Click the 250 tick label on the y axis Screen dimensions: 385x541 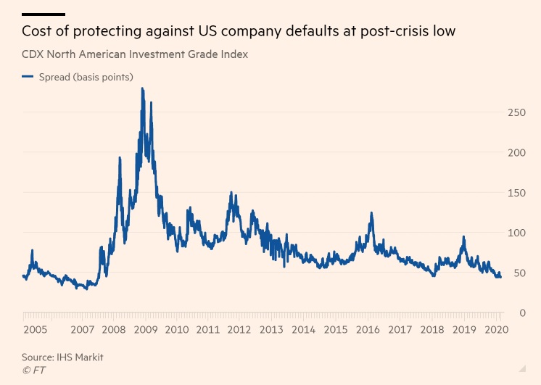point(516,112)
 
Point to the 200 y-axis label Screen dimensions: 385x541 point(516,152)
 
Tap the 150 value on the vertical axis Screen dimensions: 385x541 point(516,193)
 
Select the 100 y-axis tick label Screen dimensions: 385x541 point(516,233)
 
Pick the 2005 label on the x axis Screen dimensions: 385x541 point(35,329)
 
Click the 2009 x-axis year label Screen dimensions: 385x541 point(146,329)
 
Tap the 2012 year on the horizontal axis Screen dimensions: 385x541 point(239,329)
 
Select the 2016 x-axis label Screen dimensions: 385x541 point(368,329)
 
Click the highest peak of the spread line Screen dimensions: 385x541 point(142,89)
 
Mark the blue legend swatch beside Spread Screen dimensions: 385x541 point(28,77)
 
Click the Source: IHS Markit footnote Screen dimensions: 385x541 point(62,357)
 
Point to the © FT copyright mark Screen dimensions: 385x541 point(33,370)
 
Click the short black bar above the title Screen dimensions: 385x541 point(44,14)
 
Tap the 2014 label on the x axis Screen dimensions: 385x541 point(304,329)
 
